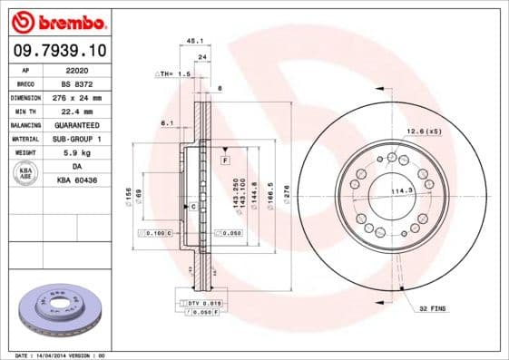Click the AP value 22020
[x=77, y=69]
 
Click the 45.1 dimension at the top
[x=193, y=40]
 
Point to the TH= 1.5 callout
[x=174, y=73]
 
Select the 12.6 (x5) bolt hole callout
[x=423, y=132]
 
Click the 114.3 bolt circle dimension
[x=402, y=190]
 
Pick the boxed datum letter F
[x=224, y=160]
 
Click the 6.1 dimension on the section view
[x=167, y=122]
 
